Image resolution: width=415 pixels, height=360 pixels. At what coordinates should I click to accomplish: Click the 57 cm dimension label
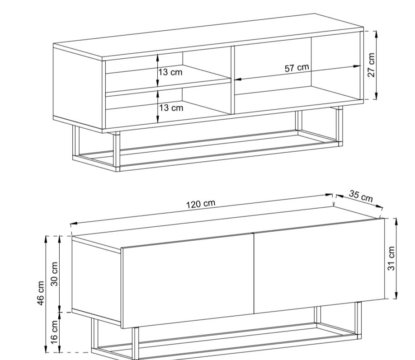(x=297, y=68)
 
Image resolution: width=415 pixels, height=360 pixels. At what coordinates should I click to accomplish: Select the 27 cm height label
(x=371, y=65)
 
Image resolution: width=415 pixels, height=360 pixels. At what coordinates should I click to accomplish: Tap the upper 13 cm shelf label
(x=170, y=72)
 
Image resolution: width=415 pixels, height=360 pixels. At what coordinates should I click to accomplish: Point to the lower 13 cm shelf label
(x=171, y=108)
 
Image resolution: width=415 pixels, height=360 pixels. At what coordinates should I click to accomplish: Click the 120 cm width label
(x=201, y=204)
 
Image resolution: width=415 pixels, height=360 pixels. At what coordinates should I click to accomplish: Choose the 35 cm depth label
(x=361, y=196)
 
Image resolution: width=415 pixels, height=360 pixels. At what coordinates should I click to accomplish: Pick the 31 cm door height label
(x=391, y=258)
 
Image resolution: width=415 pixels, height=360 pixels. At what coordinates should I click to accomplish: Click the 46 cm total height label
(x=41, y=293)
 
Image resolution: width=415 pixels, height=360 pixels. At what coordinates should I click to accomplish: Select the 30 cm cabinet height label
(x=54, y=274)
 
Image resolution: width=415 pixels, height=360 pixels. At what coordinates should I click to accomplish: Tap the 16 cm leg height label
(x=54, y=332)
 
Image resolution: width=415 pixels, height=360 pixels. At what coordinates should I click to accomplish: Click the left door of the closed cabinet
(x=188, y=281)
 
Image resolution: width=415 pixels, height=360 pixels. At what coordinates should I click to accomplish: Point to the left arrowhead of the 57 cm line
(x=237, y=79)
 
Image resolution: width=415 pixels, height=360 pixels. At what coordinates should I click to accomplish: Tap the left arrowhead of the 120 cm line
(x=74, y=224)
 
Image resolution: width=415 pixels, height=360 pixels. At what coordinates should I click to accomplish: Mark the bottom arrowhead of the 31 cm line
(x=396, y=296)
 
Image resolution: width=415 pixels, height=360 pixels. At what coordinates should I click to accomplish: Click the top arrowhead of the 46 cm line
(x=46, y=239)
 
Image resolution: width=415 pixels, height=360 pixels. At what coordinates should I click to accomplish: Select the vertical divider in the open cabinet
(x=233, y=80)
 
